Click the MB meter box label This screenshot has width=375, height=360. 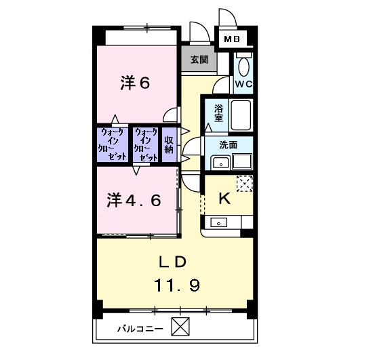point(232,40)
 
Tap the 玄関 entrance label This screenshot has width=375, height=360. point(199,60)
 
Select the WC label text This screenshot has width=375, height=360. point(243,83)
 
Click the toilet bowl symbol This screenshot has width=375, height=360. point(244,66)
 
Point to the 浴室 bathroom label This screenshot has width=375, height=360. point(218,113)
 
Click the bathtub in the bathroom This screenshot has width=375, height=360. point(241,115)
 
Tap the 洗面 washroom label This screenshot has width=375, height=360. point(228,144)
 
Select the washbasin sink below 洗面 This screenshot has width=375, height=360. point(220,162)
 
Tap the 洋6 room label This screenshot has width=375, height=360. point(134,83)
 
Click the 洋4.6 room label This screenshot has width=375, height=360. point(133,200)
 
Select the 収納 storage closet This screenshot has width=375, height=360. point(169,144)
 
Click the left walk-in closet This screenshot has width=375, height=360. point(113,144)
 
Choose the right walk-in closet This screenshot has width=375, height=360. point(146,143)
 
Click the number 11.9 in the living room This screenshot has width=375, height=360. point(175,285)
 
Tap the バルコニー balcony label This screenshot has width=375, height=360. point(140,328)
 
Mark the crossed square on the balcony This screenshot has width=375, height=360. point(180,327)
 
